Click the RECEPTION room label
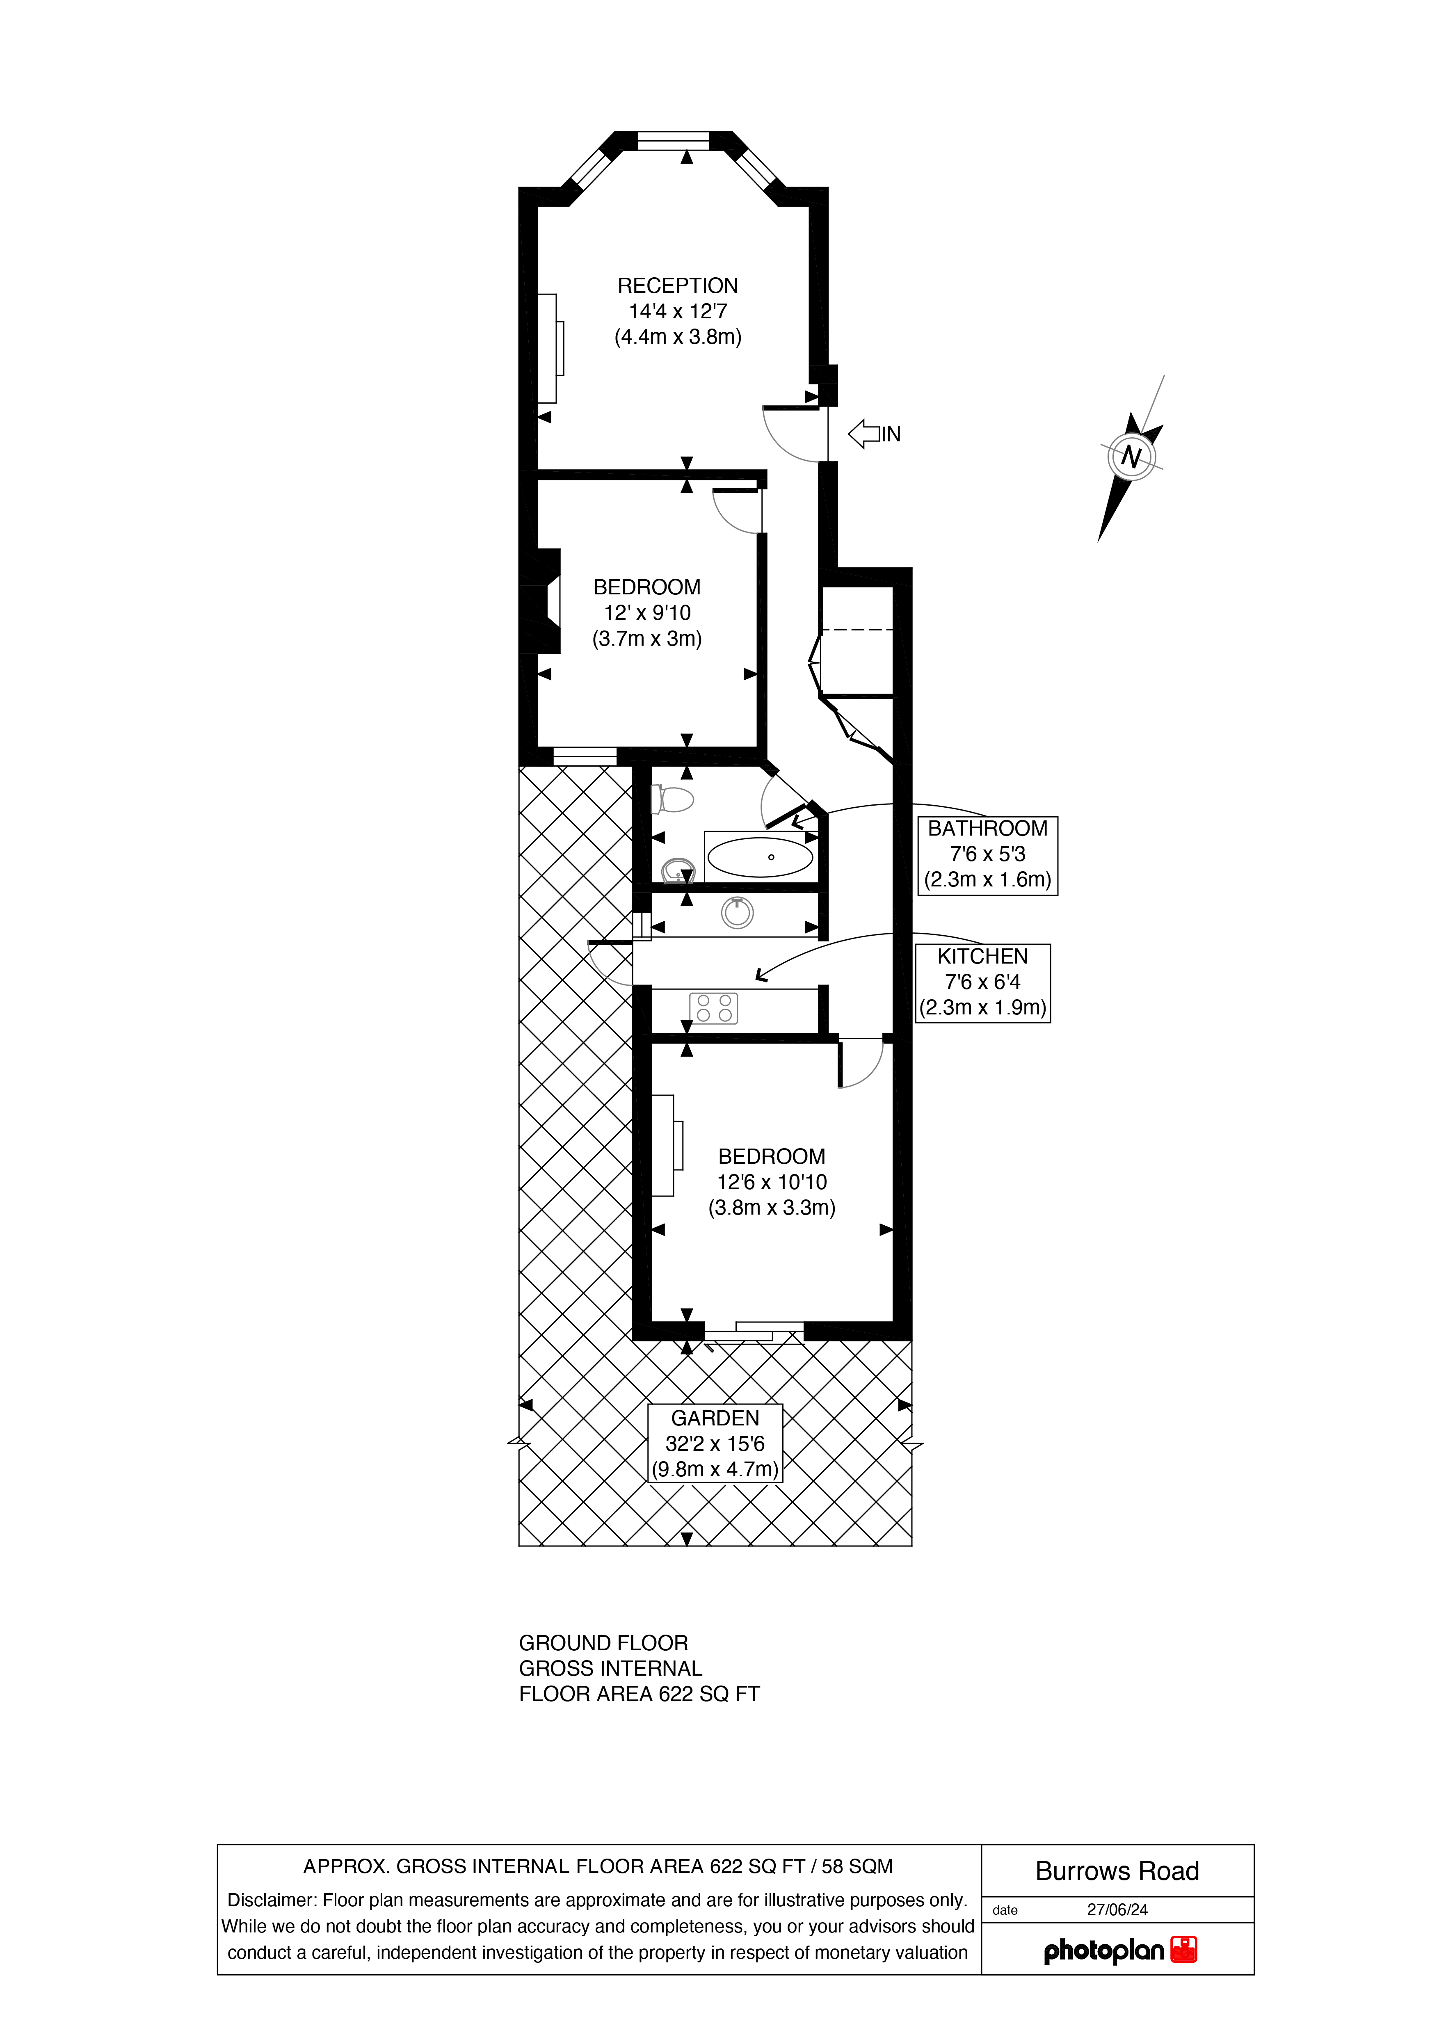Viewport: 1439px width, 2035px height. point(678,285)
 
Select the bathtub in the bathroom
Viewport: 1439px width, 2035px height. point(760,857)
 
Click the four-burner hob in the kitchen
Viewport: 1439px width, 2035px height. point(713,1008)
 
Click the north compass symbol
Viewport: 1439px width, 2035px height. point(1131,458)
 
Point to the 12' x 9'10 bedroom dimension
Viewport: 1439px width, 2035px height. point(647,612)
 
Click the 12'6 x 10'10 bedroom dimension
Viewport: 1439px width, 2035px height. point(772,1181)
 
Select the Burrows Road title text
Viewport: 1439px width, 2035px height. point(1117,1871)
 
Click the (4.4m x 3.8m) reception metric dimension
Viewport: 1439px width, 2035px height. point(678,337)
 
